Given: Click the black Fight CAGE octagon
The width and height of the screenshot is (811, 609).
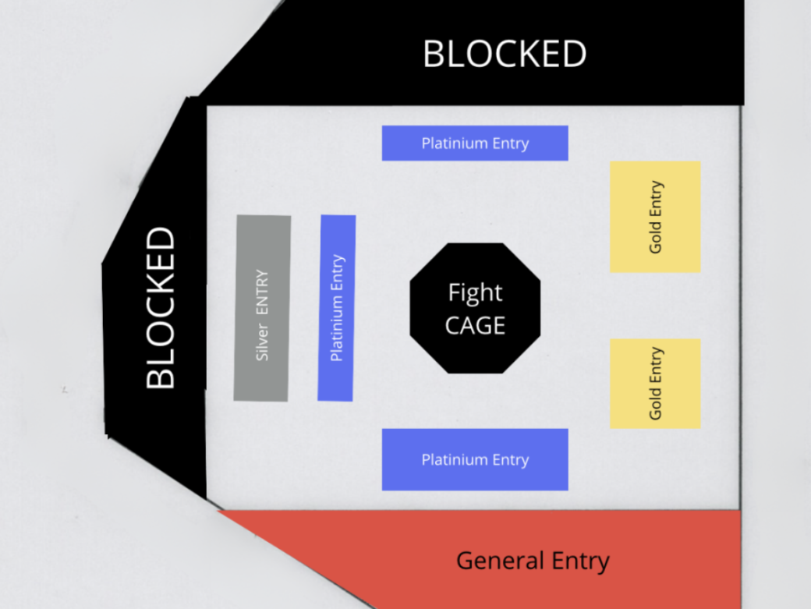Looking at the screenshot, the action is coord(475,308).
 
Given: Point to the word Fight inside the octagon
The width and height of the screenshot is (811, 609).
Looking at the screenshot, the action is coord(475,293).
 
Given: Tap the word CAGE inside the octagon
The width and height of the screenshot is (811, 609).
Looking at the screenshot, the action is coord(475,326).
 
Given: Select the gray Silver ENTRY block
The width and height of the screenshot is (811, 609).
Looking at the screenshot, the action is coord(262,308).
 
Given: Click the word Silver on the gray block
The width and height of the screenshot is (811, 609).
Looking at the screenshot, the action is coord(262,342).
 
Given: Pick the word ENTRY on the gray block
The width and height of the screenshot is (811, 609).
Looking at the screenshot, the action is coord(262,292).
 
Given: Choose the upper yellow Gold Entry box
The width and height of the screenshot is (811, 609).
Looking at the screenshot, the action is coord(655,217).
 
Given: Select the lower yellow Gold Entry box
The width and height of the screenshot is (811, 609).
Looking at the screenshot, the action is coord(655,384).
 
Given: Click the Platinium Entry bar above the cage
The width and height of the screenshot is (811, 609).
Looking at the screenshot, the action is coord(475,143).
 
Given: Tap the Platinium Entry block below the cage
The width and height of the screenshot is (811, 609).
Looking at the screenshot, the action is coord(475,459).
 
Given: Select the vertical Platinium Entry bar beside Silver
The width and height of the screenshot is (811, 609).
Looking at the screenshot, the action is coord(337,308).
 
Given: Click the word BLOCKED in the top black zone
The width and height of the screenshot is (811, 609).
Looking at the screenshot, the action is coord(505,54).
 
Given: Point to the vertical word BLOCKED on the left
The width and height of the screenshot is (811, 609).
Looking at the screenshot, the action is coord(161,308).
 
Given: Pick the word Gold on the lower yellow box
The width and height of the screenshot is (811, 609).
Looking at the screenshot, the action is coord(655,404).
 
